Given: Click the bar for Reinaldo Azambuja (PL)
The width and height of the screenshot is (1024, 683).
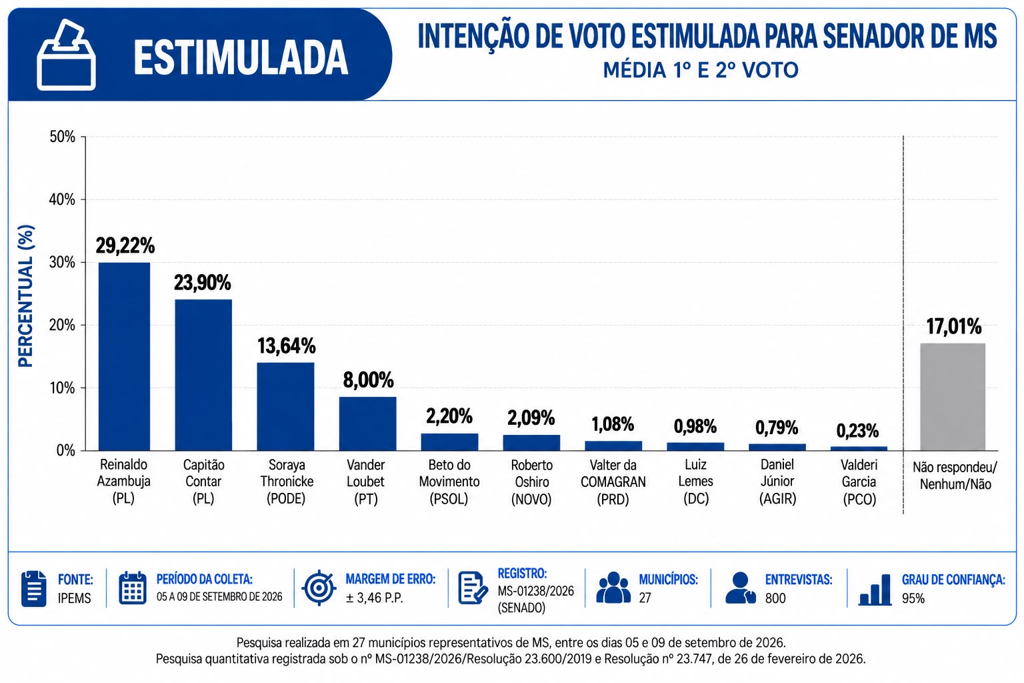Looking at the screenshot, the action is pyautogui.click(x=125, y=356).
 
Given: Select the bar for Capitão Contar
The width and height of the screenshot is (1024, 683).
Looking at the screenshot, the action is pyautogui.click(x=203, y=375).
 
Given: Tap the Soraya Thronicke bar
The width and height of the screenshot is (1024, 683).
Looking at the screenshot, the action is pyautogui.click(x=286, y=407).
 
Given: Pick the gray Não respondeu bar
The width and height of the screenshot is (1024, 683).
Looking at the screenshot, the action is pyautogui.click(x=953, y=397).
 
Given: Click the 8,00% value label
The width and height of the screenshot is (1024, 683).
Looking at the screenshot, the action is pyautogui.click(x=369, y=380).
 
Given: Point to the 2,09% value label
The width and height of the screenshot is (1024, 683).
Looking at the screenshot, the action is pyautogui.click(x=531, y=418).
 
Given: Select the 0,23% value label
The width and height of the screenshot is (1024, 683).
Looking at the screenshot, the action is pyautogui.click(x=857, y=431).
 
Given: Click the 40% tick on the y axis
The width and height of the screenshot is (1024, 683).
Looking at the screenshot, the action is pyautogui.click(x=63, y=199).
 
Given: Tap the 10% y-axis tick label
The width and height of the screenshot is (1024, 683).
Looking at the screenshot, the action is pyautogui.click(x=63, y=388).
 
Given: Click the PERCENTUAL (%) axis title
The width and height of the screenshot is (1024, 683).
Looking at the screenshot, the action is pyautogui.click(x=26, y=296).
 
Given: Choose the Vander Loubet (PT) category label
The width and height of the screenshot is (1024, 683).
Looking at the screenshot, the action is pyautogui.click(x=366, y=482).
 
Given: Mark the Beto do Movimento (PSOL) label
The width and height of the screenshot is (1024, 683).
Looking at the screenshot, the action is pyautogui.click(x=449, y=482).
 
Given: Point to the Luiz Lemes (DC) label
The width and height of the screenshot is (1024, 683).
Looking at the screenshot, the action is pyautogui.click(x=696, y=482).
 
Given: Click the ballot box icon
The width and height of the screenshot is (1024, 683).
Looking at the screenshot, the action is pyautogui.click(x=66, y=55).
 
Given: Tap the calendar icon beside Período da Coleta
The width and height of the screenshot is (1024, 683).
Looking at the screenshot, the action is pyautogui.click(x=133, y=588).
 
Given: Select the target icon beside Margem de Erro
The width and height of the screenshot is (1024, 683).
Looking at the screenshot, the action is pyautogui.click(x=319, y=588).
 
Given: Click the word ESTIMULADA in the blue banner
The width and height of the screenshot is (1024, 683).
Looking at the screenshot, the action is pyautogui.click(x=241, y=57).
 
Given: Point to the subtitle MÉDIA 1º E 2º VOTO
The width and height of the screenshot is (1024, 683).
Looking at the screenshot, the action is pyautogui.click(x=701, y=71).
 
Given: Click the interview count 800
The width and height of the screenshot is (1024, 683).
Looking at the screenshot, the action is pyautogui.click(x=775, y=598).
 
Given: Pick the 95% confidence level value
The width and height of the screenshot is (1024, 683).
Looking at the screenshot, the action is pyautogui.click(x=913, y=598).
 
